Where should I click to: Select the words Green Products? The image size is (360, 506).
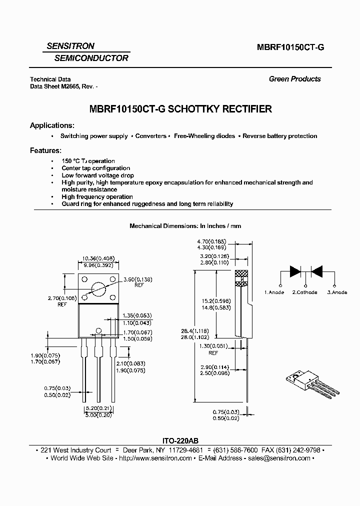coord(294,79)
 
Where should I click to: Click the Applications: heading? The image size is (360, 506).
coord(52,125)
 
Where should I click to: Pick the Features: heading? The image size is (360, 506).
coord(45,150)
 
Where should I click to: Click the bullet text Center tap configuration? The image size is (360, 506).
coord(95,168)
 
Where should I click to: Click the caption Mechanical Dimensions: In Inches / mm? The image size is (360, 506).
coord(185,226)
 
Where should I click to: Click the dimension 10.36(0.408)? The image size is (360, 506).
coord(97,258)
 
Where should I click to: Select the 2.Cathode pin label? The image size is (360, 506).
coord(304,292)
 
